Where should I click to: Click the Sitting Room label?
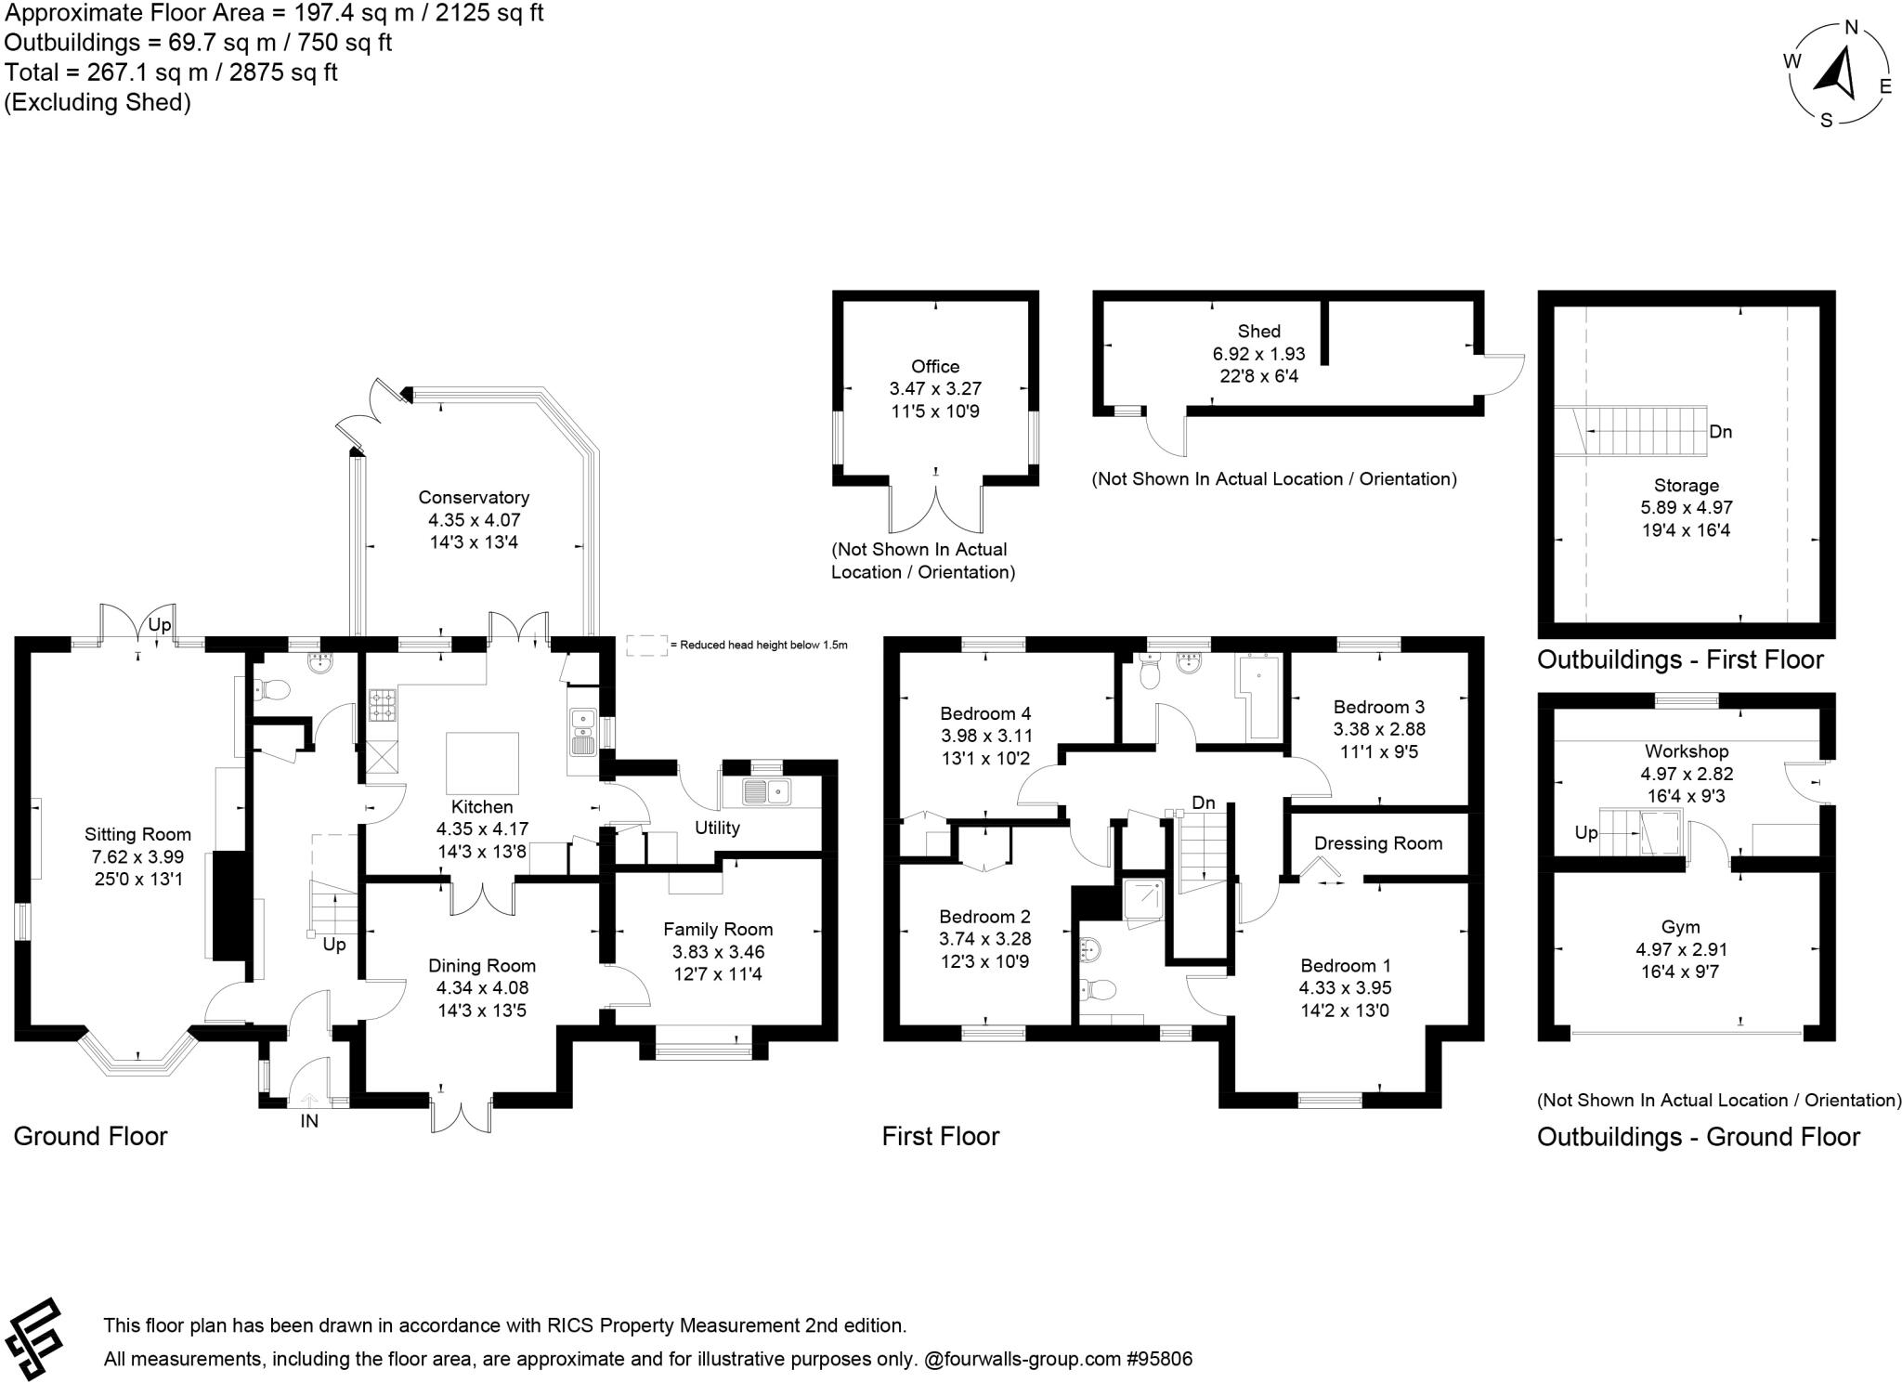tap(137, 834)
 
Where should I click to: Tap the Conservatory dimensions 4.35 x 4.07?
tap(474, 520)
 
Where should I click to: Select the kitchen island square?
tap(482, 761)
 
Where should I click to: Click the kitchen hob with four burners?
tap(382, 704)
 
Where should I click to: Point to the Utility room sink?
tap(766, 792)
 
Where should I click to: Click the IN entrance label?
tap(309, 1121)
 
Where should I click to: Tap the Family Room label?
tap(718, 929)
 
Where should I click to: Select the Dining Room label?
tap(481, 966)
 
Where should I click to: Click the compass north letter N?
tap(1850, 28)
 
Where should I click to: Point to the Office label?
tap(935, 366)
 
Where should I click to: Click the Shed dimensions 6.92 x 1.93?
tap(1258, 354)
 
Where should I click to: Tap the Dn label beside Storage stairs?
tap(1720, 432)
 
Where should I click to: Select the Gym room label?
tap(1680, 927)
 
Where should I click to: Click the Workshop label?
tap(1687, 751)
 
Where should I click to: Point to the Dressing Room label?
tap(1378, 843)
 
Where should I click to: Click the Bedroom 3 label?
tap(1379, 707)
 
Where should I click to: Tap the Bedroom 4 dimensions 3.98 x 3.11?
tap(985, 736)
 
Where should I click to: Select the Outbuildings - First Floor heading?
tap(1680, 659)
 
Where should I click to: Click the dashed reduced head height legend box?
tap(646, 646)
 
